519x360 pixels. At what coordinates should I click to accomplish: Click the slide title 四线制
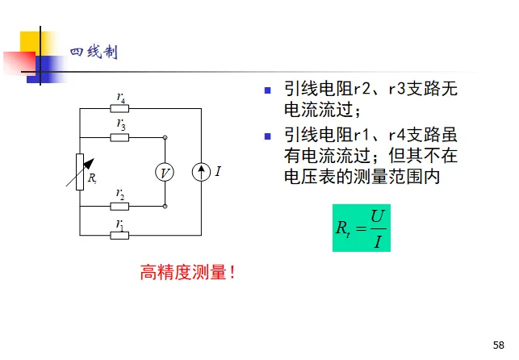click(94, 52)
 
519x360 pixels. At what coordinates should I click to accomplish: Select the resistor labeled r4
click(120, 109)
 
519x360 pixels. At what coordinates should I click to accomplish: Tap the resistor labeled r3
click(120, 137)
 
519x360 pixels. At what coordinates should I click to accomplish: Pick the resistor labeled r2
click(120, 206)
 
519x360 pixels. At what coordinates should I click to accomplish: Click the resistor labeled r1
click(120, 235)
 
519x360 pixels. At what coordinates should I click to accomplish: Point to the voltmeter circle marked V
click(165, 172)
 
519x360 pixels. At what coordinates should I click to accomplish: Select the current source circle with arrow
click(200, 172)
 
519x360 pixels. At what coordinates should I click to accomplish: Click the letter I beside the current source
click(218, 172)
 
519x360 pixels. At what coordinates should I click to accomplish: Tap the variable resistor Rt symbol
click(81, 172)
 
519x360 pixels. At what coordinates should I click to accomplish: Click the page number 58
click(498, 343)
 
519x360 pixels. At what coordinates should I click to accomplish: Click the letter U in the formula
click(376, 216)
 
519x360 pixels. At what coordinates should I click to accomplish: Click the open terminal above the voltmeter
click(165, 137)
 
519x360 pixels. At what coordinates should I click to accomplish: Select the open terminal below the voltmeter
click(165, 206)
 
